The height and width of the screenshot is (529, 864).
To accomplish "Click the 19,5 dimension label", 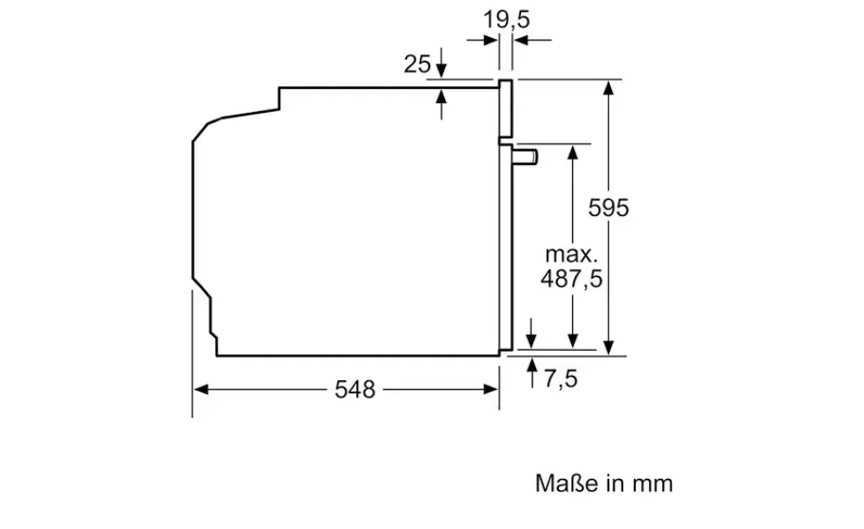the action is pos(506,19).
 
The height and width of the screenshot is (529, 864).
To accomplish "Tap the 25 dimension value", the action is pos(417,64).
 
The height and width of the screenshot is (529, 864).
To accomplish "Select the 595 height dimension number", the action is pos(608,208).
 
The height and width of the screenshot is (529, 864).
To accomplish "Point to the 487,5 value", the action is pos(571,279).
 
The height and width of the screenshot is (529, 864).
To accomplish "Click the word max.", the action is pos(571,254).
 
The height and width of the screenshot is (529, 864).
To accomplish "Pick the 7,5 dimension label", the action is pos(561,378).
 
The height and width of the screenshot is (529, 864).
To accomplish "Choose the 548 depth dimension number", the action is pos(354,390).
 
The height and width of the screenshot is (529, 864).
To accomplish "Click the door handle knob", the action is pos(525,157).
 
